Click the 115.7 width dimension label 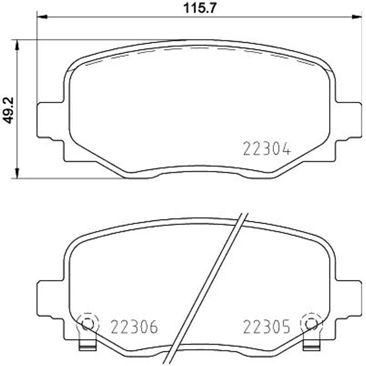[x=200, y=8]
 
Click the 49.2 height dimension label [x=8, y=110]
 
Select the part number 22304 [x=267, y=149]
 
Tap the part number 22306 [x=134, y=327]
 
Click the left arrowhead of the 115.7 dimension [x=42, y=17]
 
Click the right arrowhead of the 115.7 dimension [x=357, y=17]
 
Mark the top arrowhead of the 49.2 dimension [x=17, y=45]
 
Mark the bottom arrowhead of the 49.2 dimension [x=17, y=173]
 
